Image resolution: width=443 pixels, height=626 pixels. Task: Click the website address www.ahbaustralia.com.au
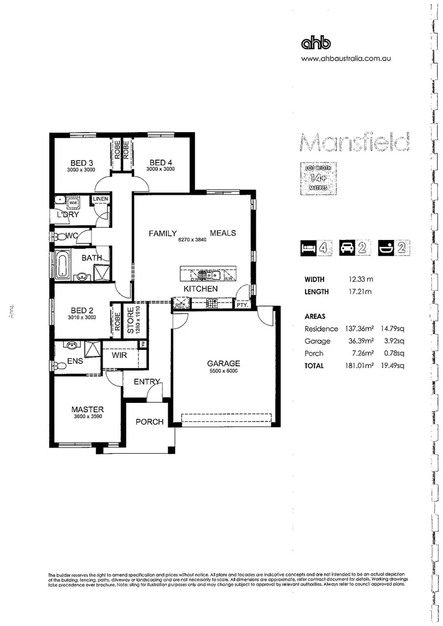click(341, 59)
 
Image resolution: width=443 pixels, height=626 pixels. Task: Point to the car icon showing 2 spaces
click(354, 249)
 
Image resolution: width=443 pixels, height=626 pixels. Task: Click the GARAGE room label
click(223, 363)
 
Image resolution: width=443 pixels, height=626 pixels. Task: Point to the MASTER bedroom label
click(88, 409)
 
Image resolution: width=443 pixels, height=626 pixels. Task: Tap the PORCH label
click(150, 422)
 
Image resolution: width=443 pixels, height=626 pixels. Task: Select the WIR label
click(119, 354)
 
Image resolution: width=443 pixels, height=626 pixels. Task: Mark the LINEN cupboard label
click(100, 199)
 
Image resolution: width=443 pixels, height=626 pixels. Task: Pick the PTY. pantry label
click(241, 304)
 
